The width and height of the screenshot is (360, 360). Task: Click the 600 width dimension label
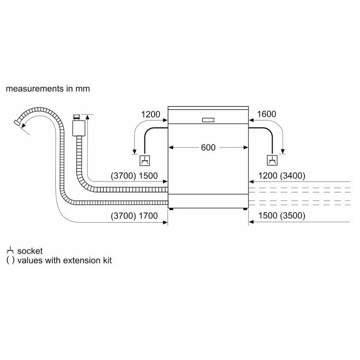click(x=208, y=147)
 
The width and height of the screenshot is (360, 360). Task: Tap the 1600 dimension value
click(x=266, y=114)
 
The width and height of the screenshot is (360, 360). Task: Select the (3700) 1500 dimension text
click(x=134, y=176)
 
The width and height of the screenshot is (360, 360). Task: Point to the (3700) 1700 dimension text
click(x=134, y=216)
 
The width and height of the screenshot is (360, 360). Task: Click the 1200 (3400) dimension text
click(x=282, y=176)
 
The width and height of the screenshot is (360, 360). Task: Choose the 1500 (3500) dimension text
click(x=282, y=216)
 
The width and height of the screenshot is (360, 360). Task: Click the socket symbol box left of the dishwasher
click(x=145, y=160)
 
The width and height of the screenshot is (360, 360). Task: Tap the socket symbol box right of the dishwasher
click(x=272, y=160)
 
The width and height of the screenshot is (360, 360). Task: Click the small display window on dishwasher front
click(x=208, y=120)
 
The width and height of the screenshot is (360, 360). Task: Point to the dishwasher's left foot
click(x=171, y=209)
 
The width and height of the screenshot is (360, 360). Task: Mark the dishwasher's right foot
click(x=245, y=209)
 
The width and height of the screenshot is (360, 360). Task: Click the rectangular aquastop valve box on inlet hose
click(x=79, y=128)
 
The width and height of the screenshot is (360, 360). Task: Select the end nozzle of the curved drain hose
click(x=17, y=122)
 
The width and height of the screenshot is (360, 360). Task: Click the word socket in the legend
click(x=30, y=251)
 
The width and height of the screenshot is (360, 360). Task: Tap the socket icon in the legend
click(x=11, y=251)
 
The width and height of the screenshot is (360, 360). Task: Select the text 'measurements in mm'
click(x=48, y=89)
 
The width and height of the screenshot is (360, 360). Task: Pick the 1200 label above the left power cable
click(x=151, y=114)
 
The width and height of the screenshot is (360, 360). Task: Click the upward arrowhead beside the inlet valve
click(x=87, y=117)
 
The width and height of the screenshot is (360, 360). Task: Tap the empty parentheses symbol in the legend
click(x=11, y=260)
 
